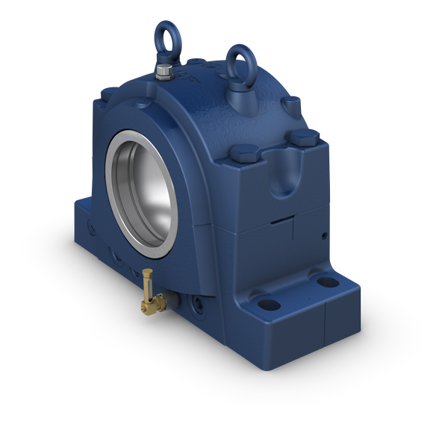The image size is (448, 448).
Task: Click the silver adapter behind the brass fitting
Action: (170, 299)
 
